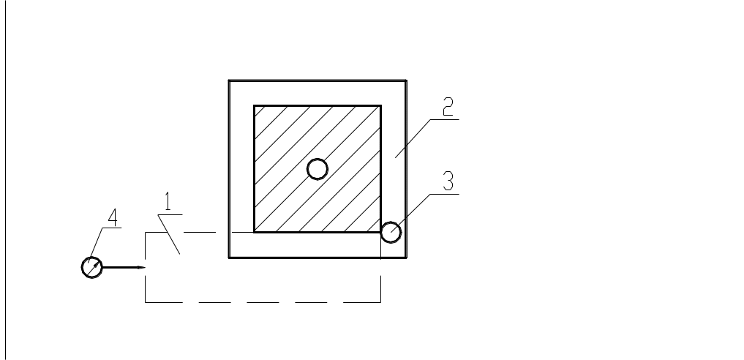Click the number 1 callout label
pyautogui.click(x=168, y=201)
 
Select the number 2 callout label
pyautogui.click(x=448, y=106)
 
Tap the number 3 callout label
pyautogui.click(x=448, y=181)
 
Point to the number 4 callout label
pyautogui.click(x=113, y=217)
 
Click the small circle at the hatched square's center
pyautogui.click(x=317, y=169)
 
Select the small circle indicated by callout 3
pyautogui.click(x=391, y=233)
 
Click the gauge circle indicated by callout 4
pyautogui.click(x=92, y=268)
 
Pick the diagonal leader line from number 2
pyautogui.click(x=413, y=138)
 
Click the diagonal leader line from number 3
pyautogui.click(x=411, y=213)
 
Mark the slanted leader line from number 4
pyautogui.click(x=95, y=245)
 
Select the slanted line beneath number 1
pyautogui.click(x=169, y=234)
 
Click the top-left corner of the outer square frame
pyautogui.click(x=229, y=80)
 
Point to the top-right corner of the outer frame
pyautogui.click(x=406, y=80)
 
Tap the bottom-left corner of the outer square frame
pyautogui.click(x=229, y=258)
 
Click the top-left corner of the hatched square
pyautogui.click(x=255, y=106)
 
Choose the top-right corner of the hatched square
pyautogui.click(x=380, y=106)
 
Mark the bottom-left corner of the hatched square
pyautogui.click(x=255, y=232)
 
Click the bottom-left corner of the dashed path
pyautogui.click(x=145, y=302)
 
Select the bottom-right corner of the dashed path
pyautogui.click(x=380, y=302)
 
